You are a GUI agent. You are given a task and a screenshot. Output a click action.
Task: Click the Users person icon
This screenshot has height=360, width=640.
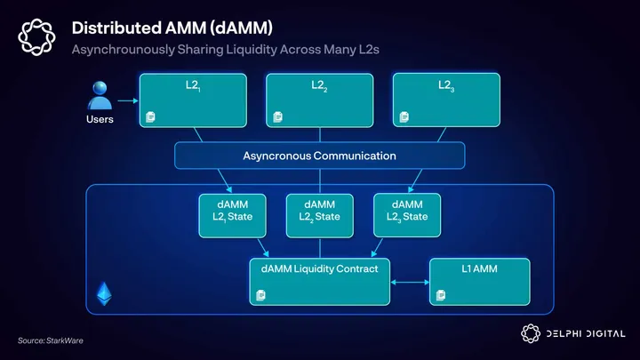pyautogui.click(x=100, y=95)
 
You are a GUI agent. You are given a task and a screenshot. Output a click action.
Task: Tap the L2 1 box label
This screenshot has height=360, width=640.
pyautogui.click(x=192, y=86)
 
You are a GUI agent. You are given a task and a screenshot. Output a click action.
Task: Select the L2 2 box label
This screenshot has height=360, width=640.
pyautogui.click(x=319, y=86)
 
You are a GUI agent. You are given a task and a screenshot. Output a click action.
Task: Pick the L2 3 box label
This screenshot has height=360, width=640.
pyautogui.click(x=445, y=86)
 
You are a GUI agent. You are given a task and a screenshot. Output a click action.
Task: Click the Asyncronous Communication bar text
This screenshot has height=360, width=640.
pyautogui.click(x=319, y=156)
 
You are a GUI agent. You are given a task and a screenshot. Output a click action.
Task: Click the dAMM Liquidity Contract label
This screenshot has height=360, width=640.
pyautogui.click(x=319, y=268)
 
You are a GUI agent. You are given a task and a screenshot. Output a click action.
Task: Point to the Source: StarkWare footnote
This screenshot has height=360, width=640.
pyautogui.click(x=44, y=340)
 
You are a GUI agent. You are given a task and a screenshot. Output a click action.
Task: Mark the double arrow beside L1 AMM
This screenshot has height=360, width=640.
pyautogui.click(x=410, y=284)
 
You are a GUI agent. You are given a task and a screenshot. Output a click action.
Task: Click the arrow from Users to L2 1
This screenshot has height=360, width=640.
pyautogui.click(x=127, y=100)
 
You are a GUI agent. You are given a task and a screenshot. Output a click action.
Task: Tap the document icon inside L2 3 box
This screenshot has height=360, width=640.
pyautogui.click(x=404, y=116)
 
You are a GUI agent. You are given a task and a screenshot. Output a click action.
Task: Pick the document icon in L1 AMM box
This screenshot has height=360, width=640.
pyautogui.click(x=440, y=294)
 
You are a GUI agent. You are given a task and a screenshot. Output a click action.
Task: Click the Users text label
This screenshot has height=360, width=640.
pyautogui.click(x=100, y=119)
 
